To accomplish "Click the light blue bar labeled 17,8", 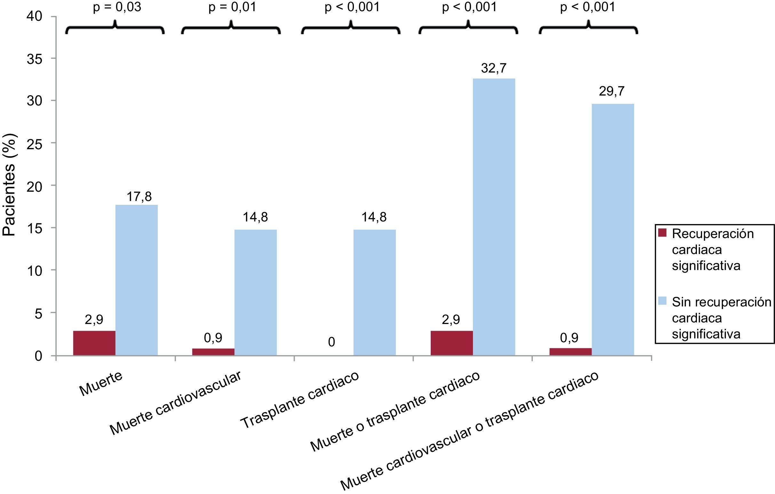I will [x=136, y=280].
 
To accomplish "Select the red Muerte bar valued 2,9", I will [x=94, y=343].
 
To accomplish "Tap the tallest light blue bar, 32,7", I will [x=494, y=217].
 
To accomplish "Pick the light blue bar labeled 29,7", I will [x=612, y=229].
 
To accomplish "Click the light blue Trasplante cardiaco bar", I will [x=374, y=292].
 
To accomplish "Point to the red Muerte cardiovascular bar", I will [x=213, y=351].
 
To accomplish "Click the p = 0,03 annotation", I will [x=117, y=7].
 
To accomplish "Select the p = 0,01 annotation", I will [x=232, y=7].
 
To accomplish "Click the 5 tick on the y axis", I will [x=38, y=313].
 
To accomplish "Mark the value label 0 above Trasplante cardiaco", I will [x=332, y=342].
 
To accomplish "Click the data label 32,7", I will [x=494, y=68].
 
